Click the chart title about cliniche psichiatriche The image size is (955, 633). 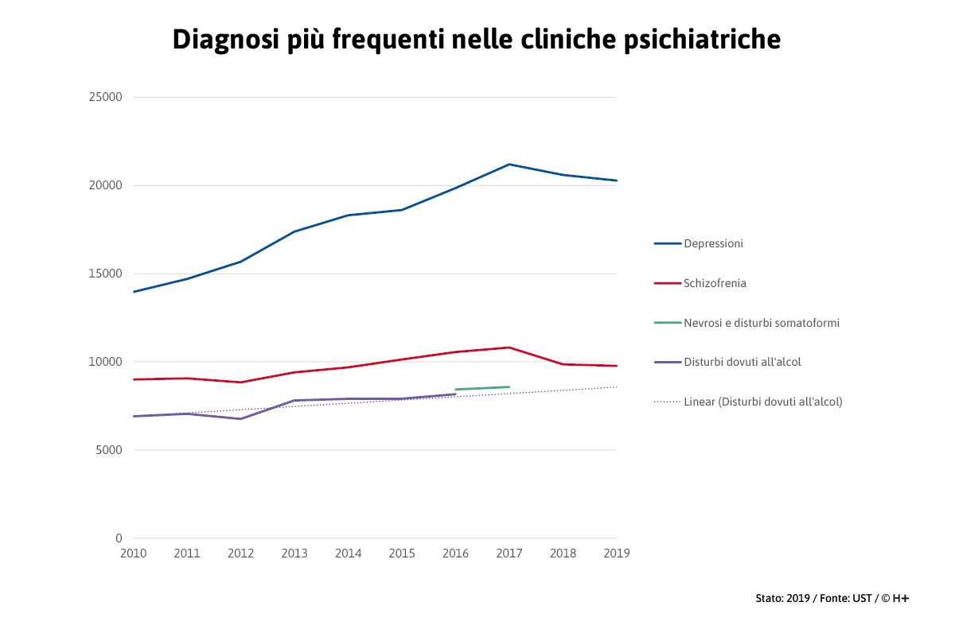(476, 39)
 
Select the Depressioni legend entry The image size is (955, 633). (713, 243)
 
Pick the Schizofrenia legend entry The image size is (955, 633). (715, 283)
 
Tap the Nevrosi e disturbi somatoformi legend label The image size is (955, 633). (762, 323)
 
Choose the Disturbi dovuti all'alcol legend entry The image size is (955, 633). (742, 362)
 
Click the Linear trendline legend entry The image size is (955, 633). (762, 402)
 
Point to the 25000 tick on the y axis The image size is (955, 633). (105, 97)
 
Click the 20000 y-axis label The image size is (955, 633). (105, 185)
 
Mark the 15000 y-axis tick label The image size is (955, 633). (105, 274)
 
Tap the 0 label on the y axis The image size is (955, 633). (119, 538)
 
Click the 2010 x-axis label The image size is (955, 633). (133, 553)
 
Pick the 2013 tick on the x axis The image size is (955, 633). (294, 553)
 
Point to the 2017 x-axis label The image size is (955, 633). (509, 553)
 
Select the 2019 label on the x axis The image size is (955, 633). (617, 553)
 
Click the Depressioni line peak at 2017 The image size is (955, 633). (509, 165)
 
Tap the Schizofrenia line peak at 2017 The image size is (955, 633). (509, 348)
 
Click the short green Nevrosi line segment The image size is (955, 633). (482, 388)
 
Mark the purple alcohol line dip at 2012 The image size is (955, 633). (240, 418)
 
